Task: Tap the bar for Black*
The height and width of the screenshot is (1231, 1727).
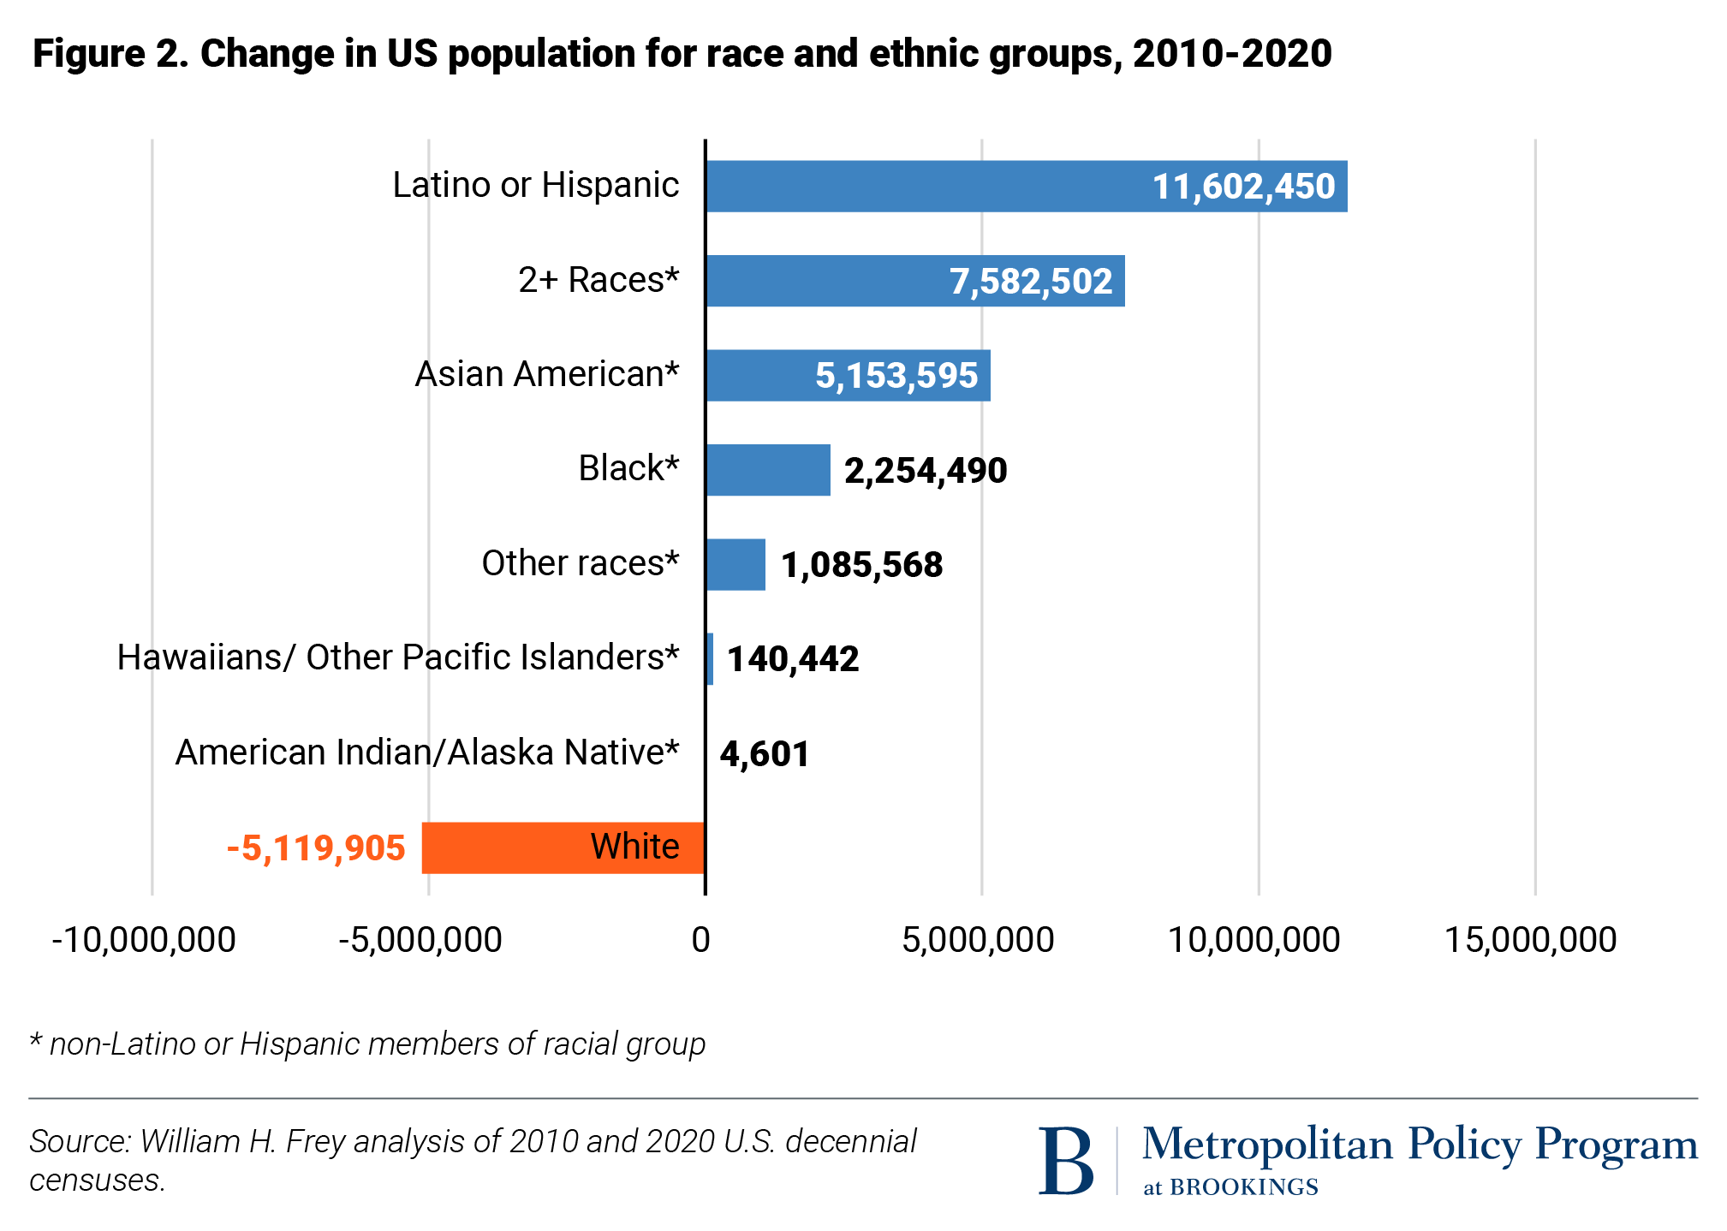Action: coord(768,470)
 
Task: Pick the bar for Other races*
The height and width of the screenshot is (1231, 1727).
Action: coord(735,564)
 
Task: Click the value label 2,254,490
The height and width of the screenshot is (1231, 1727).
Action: coord(926,470)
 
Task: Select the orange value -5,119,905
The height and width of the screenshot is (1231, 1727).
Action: coord(316,848)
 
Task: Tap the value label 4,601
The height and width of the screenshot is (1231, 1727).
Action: coord(765,754)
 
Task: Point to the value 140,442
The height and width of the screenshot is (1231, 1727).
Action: coord(793,659)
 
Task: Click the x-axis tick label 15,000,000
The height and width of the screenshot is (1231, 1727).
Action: coord(1530,940)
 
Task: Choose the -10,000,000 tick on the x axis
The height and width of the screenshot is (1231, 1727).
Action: coord(144,940)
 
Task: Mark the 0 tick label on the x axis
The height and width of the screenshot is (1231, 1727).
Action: coord(700,940)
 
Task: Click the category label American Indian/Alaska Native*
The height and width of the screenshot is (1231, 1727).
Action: coord(426,752)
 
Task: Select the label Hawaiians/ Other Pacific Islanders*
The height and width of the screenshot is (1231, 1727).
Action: coord(397,657)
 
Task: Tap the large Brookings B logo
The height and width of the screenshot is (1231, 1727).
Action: coord(1065,1160)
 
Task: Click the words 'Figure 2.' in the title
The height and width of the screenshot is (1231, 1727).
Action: coord(110,54)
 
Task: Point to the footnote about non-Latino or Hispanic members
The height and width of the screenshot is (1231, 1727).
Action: coord(368,1044)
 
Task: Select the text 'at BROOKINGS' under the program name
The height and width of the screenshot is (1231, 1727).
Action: coord(1230,1187)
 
